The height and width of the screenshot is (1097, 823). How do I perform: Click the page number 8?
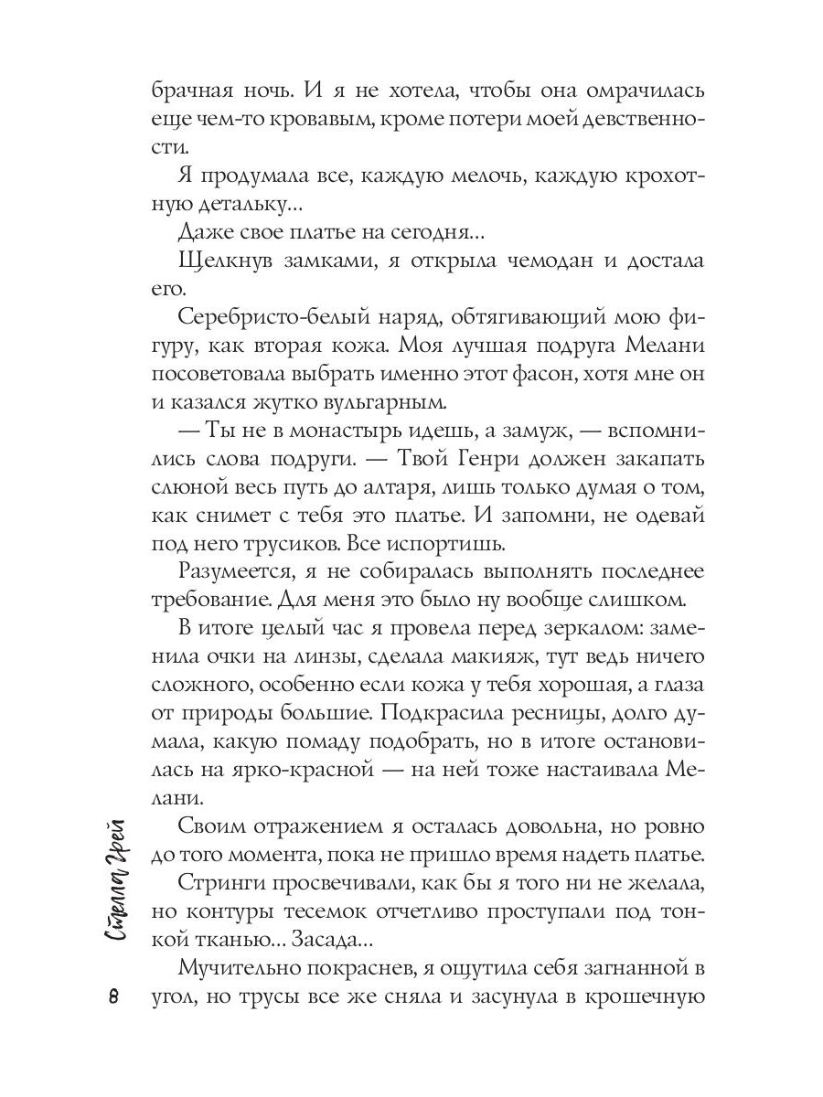tap(112, 996)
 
